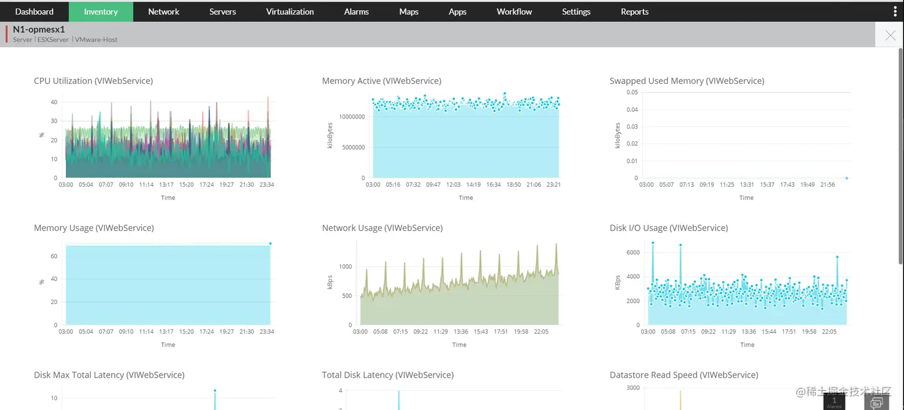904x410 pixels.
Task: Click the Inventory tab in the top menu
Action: pos(100,11)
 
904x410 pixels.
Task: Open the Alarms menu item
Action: pos(356,11)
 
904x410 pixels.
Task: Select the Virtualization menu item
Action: pos(290,11)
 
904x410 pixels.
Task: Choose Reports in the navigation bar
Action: pos(634,11)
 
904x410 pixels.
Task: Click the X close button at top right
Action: pos(890,35)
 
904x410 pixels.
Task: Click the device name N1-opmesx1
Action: pos(38,29)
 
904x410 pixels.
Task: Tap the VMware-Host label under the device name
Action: pos(96,40)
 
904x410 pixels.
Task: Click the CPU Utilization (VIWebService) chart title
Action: pos(93,81)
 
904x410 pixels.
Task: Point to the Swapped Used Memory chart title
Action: pos(686,81)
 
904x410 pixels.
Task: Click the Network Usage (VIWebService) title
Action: pos(382,228)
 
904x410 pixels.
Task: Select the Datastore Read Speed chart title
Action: pos(683,375)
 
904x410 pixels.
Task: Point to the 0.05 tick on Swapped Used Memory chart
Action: pos(632,92)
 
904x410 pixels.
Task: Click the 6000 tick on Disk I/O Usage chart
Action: pos(633,253)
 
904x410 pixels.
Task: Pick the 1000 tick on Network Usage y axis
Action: pos(346,267)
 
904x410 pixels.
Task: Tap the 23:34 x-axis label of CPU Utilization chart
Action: pos(267,185)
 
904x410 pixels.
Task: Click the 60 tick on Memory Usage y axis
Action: pos(54,256)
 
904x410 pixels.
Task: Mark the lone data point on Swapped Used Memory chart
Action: pos(847,178)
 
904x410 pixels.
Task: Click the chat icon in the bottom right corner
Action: pos(877,402)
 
